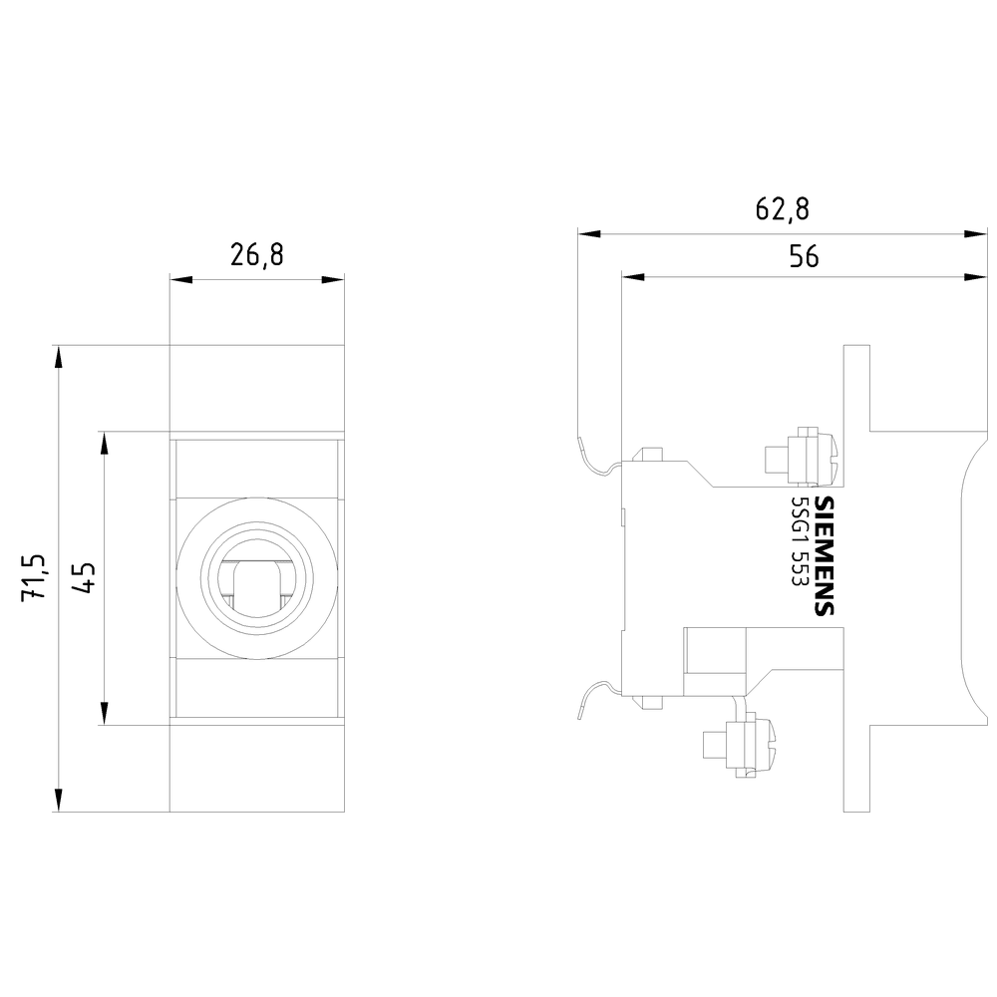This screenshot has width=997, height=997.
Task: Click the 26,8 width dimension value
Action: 256,255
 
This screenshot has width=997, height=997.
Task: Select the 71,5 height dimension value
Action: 33,577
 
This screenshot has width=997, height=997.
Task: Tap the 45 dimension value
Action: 84,577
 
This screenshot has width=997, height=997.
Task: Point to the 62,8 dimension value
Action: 782,208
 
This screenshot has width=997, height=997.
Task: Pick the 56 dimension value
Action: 804,256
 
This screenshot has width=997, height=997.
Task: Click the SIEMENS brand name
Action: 825,555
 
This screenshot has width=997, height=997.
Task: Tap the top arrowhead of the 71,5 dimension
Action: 59,357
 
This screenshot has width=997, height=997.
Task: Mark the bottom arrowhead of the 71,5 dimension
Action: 59,800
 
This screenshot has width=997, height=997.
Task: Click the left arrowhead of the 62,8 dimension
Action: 589,234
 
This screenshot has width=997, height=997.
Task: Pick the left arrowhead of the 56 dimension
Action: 633,277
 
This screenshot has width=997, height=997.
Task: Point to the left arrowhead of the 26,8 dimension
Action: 181,279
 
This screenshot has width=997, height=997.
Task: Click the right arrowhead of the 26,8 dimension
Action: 333,279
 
